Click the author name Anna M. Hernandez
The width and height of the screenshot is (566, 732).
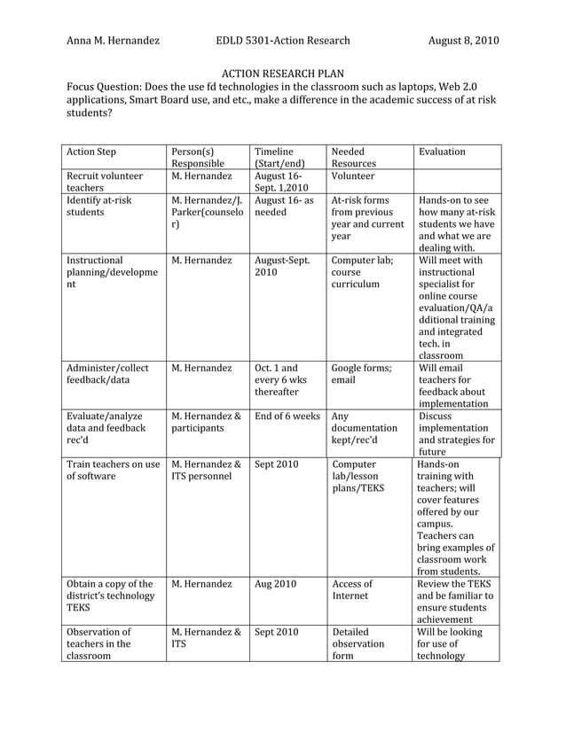point(114,40)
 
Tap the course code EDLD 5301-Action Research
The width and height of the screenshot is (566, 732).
point(283,40)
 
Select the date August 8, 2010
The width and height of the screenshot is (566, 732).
point(463,40)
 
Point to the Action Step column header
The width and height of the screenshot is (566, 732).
point(92,152)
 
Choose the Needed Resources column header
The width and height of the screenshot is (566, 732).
point(353,158)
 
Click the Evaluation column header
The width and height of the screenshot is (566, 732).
point(442,152)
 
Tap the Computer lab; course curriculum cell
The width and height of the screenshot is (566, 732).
point(359,272)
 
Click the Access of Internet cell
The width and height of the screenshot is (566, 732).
point(352,589)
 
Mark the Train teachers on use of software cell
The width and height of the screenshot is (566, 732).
point(114,470)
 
